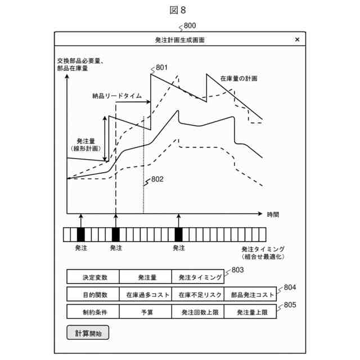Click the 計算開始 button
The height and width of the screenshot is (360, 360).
click(88, 333)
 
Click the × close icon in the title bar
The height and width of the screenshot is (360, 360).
click(297, 40)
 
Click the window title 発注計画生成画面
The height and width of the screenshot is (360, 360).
click(179, 40)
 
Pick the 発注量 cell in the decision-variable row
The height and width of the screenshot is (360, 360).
click(146, 277)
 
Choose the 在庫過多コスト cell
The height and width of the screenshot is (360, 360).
click(146, 294)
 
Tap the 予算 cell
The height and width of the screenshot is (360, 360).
click(146, 312)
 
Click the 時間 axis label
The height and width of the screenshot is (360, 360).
click(273, 214)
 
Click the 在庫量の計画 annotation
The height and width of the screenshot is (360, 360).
click(238, 79)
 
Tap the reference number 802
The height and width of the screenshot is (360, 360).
click(157, 179)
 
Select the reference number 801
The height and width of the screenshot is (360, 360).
click(162, 68)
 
